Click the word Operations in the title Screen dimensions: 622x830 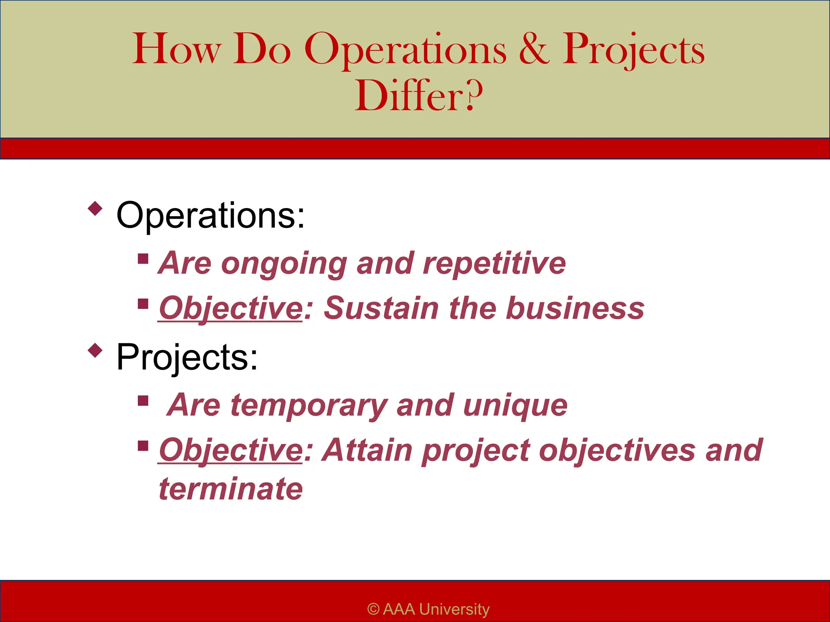coord(405,51)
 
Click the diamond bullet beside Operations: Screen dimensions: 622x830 coord(95,209)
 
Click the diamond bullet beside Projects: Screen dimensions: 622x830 coord(95,350)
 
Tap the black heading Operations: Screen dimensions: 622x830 coord(210,215)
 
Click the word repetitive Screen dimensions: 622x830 coord(494,263)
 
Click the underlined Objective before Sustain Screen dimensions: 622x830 coord(231,309)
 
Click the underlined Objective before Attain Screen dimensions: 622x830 coord(231,450)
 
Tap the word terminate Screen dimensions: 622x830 coord(231,489)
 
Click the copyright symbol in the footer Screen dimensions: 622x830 coord(373,609)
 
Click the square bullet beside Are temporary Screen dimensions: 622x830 coord(143,400)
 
